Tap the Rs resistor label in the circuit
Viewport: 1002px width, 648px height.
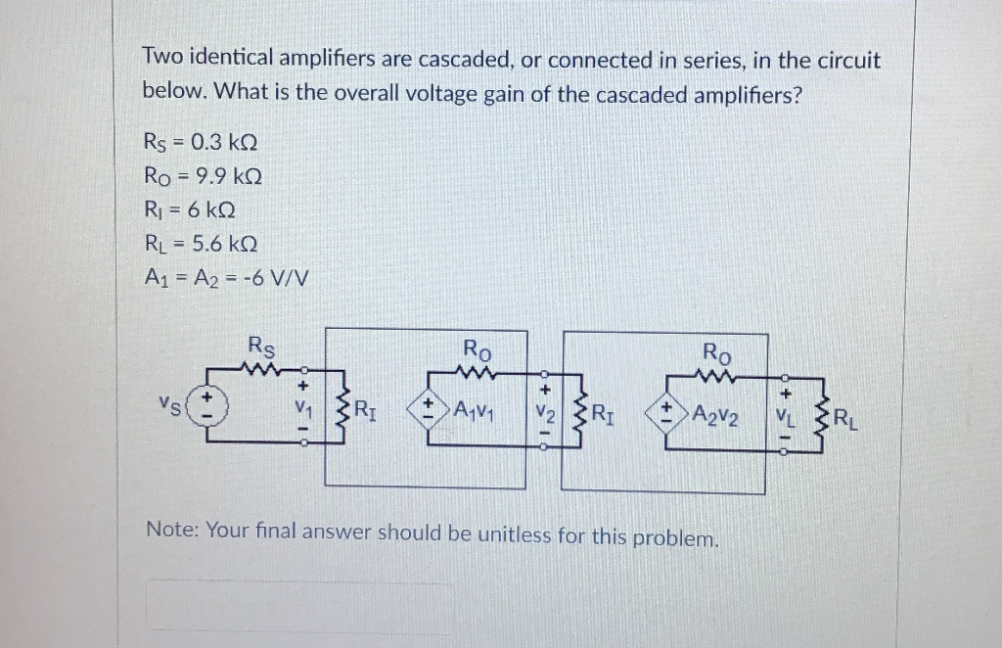click(261, 346)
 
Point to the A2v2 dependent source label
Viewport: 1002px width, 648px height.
click(715, 414)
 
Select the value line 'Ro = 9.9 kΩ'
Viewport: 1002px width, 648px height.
click(202, 176)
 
